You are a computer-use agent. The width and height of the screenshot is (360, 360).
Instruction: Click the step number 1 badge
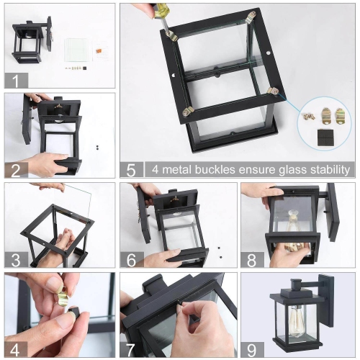tap(15, 80)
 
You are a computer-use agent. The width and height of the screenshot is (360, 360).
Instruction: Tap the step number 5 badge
tap(131, 170)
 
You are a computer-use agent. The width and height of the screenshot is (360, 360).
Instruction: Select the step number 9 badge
tap(251, 348)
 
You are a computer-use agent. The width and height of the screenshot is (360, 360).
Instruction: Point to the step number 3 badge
tap(15, 259)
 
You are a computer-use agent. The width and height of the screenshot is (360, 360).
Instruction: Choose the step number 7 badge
tap(131, 348)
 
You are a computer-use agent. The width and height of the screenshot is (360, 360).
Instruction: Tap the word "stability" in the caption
tap(325, 170)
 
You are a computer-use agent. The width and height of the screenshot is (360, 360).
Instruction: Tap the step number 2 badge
tap(15, 170)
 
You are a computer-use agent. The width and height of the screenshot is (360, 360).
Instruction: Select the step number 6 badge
tap(131, 259)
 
